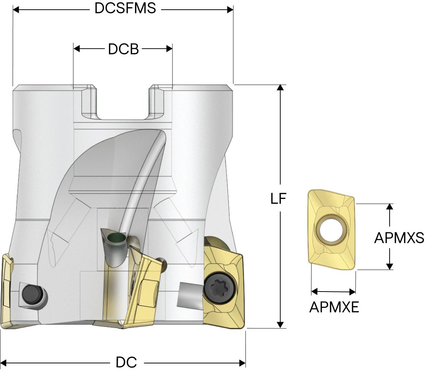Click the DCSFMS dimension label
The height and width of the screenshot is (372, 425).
pyautogui.click(x=125, y=8)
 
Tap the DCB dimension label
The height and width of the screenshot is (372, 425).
pyautogui.click(x=123, y=49)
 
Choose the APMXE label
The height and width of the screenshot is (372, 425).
pyautogui.click(x=334, y=307)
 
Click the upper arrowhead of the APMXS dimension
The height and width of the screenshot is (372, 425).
pyautogui.click(x=390, y=207)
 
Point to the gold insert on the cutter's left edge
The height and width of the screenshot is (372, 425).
pyautogui.click(x=7, y=290)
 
